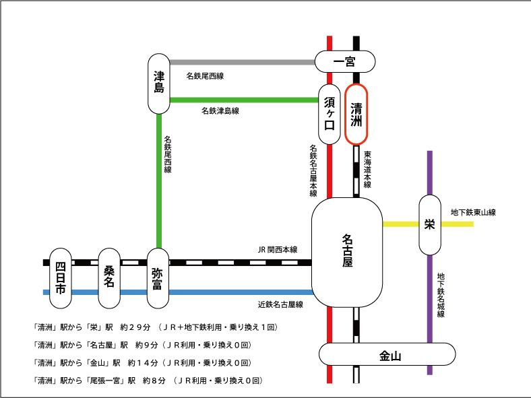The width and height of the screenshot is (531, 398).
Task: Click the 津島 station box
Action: coord(158,84)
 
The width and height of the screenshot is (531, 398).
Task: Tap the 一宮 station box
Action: coord(345,63)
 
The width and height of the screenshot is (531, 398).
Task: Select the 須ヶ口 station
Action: coord(329,114)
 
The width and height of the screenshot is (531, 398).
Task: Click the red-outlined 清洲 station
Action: coord(356,114)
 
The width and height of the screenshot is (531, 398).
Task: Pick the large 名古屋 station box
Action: coord(346,251)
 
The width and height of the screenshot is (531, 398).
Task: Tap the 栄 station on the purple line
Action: coord(429,225)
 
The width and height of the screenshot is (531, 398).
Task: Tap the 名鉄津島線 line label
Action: coord(220,110)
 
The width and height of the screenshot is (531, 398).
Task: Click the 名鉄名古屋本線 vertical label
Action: coord(313,170)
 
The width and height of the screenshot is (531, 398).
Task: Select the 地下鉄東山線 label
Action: coord(473,213)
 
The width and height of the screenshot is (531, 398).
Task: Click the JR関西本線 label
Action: coord(277,249)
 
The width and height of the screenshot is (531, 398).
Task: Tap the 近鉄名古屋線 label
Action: coord(280,304)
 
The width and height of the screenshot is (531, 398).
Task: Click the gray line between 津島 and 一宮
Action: coord(243,63)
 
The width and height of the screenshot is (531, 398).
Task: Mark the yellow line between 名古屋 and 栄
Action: coord(400,224)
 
